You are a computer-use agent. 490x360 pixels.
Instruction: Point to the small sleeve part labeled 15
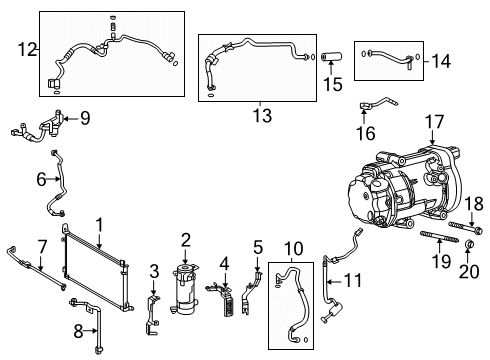(x=331, y=50)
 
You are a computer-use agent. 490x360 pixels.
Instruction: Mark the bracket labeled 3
(x=152, y=305)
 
